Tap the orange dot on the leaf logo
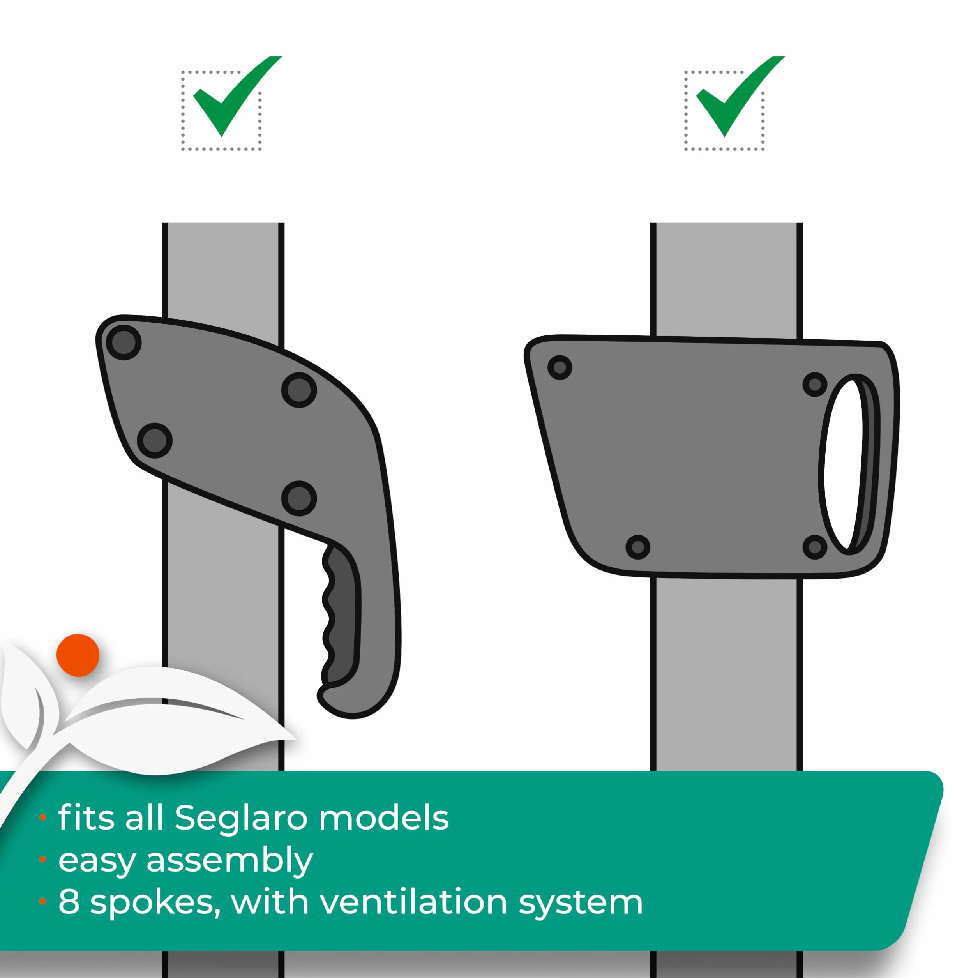click(78, 655)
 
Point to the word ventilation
click(413, 902)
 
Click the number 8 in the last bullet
click(69, 902)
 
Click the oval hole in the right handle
click(843, 464)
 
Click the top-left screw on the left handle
click(124, 343)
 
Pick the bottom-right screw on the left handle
click(299, 498)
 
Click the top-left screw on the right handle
click(560, 367)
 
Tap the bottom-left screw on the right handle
click(638, 547)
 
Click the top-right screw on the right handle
click(815, 385)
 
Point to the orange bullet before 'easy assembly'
click(43, 859)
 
